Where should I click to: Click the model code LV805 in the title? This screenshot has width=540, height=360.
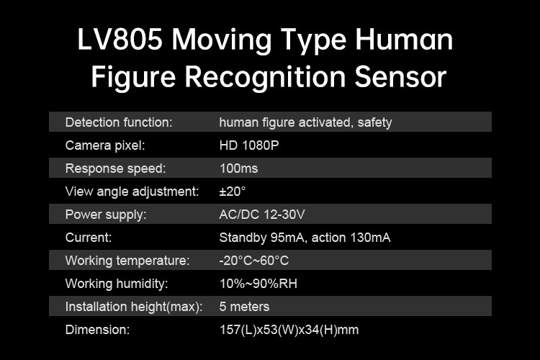[120, 40]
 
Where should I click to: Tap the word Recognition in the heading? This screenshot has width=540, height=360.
[265, 78]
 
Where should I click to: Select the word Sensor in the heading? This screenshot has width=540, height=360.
[400, 77]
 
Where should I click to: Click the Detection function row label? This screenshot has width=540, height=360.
[119, 122]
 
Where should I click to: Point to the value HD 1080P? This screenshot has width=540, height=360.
[249, 145]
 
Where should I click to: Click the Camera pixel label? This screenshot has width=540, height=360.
[105, 145]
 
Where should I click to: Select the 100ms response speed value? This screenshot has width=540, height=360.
[238, 168]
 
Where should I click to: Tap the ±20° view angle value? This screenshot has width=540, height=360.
[233, 192]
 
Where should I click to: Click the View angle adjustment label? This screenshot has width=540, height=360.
[132, 192]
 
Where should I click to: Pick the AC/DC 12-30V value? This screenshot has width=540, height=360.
[262, 215]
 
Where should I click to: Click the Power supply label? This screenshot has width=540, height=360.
[106, 215]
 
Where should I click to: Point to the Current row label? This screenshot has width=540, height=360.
[89, 238]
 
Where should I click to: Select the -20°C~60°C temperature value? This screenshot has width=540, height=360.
[254, 261]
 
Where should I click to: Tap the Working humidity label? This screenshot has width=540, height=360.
[117, 284]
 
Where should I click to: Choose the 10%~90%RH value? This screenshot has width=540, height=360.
[258, 284]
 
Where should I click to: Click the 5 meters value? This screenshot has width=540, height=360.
[244, 307]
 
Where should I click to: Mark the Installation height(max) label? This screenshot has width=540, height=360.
[134, 307]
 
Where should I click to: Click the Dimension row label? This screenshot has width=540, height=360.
[97, 330]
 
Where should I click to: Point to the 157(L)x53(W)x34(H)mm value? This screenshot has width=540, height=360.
[289, 330]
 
